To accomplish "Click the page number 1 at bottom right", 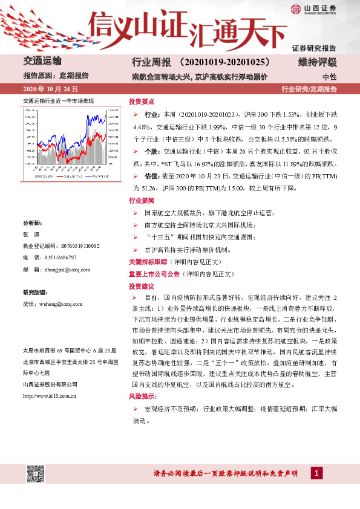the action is pyautogui.click(x=317, y=473).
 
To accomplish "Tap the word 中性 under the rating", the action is pyautogui.click(x=329, y=77).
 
